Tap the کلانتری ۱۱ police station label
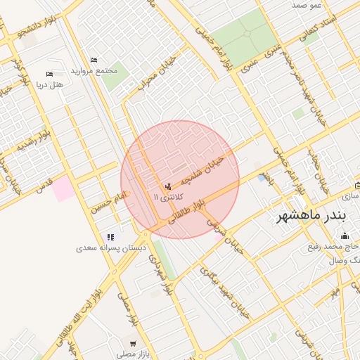[x=165, y=199]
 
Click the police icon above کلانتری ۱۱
[x=167, y=187]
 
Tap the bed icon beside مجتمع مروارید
[x=94, y=60]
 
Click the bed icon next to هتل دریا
[x=49, y=74]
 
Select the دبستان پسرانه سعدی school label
[x=108, y=248]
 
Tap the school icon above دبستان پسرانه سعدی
[x=110, y=237]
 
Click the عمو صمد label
[x=307, y=5]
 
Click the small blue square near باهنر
[x=262, y=178]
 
